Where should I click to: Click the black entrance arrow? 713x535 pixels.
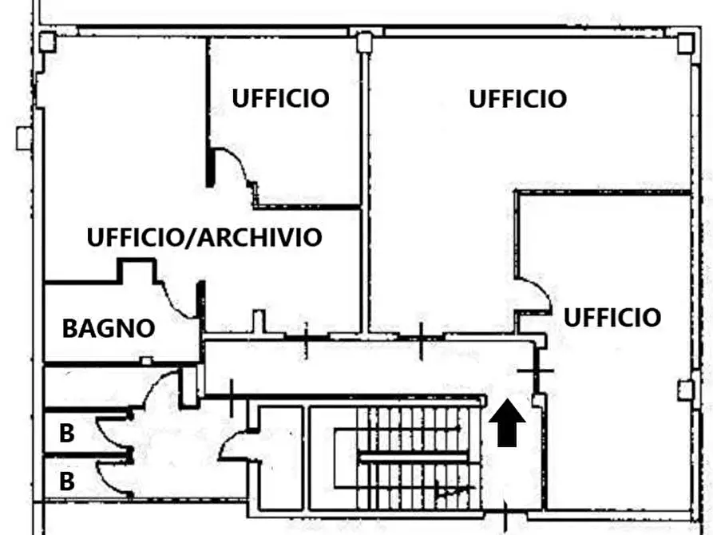click(x=506, y=424)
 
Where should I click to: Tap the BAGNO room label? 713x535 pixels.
click(x=109, y=328)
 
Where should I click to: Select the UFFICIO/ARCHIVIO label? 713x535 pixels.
click(x=204, y=237)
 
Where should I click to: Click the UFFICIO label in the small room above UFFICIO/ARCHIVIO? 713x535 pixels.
click(x=280, y=98)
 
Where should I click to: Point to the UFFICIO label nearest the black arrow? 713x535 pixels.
click(x=612, y=317)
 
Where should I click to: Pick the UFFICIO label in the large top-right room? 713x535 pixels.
click(x=517, y=99)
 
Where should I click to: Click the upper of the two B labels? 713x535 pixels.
click(x=67, y=434)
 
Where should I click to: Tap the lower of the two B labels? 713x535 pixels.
click(x=67, y=481)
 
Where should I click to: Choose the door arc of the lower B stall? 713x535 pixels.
click(x=110, y=479)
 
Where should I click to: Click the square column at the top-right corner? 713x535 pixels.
click(x=685, y=42)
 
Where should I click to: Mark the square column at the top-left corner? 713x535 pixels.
click(x=46, y=42)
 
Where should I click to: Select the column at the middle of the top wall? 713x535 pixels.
click(x=364, y=42)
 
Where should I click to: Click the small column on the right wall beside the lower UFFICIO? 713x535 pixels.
click(x=684, y=390)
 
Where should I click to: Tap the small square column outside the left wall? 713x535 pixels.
click(x=22, y=138)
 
